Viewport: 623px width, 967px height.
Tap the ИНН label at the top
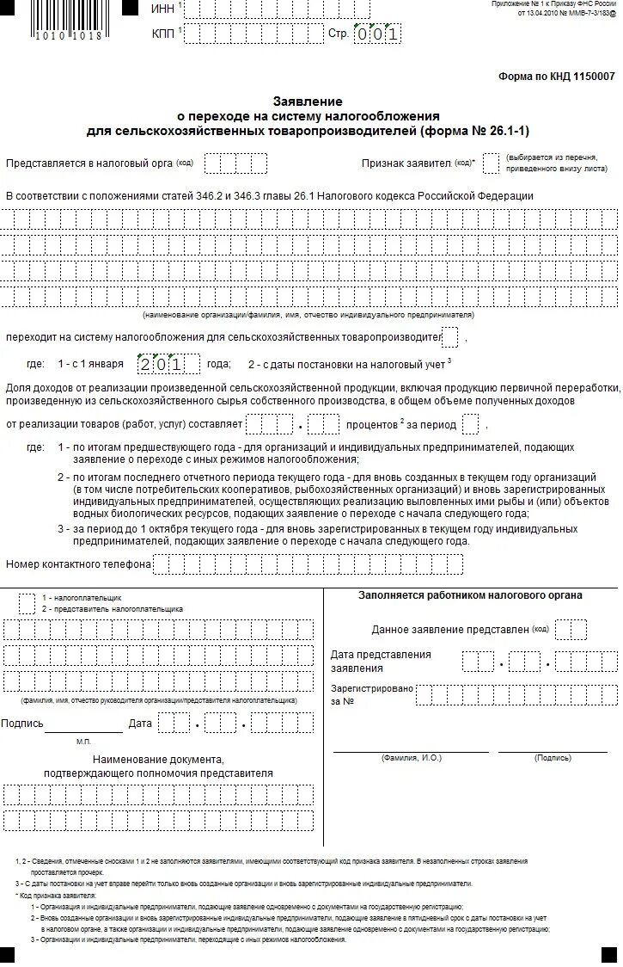(x=162, y=9)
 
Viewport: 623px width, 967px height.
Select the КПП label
(x=162, y=34)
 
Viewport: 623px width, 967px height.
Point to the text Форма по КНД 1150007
(x=556, y=77)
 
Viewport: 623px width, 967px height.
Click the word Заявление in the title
(x=308, y=102)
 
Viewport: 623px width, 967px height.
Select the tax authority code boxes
(x=236, y=163)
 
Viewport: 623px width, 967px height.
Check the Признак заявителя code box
(x=491, y=163)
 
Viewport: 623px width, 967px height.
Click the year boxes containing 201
(x=168, y=364)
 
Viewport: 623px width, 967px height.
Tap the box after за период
(x=470, y=424)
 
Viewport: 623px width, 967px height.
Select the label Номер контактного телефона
(x=78, y=564)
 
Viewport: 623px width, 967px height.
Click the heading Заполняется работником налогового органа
(x=469, y=595)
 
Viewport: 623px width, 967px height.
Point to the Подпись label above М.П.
(x=22, y=724)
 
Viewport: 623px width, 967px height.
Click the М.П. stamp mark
(x=83, y=741)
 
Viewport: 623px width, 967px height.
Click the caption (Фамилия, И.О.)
(x=411, y=758)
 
